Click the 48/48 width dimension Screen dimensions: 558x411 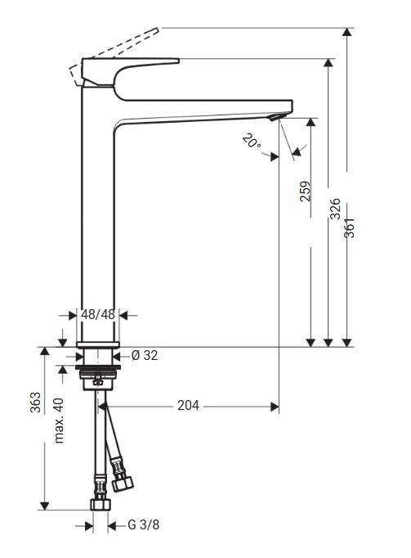coord(98,314)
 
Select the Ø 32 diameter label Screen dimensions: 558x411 coord(144,355)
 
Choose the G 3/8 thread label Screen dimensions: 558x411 coord(143,525)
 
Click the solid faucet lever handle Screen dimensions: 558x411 coord(131,70)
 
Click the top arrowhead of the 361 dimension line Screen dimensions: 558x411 coord(348,33)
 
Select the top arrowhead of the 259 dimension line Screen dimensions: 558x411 coord(310,124)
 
